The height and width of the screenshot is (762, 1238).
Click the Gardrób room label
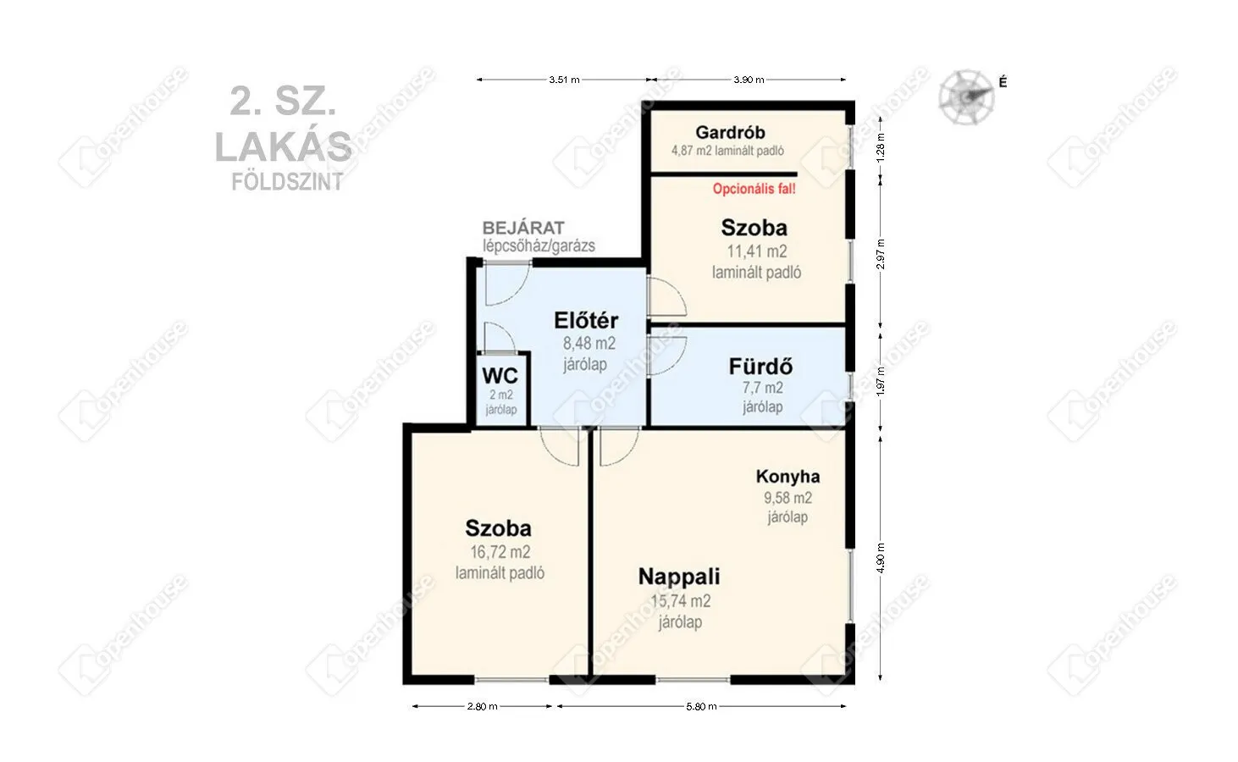click(x=730, y=132)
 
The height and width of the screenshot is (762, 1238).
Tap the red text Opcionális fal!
click(x=754, y=189)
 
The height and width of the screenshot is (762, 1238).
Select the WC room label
click(x=500, y=375)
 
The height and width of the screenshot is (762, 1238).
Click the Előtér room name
click(x=586, y=321)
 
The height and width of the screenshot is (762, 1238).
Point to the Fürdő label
click(x=760, y=367)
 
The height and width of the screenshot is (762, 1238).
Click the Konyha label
click(x=788, y=477)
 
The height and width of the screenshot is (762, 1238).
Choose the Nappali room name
click(x=678, y=577)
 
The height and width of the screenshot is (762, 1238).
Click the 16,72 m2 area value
click(x=500, y=552)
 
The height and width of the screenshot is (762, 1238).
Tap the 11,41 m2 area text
click(x=756, y=251)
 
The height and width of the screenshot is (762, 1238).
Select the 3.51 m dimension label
click(x=564, y=80)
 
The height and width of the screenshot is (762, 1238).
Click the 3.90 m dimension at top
click(x=749, y=80)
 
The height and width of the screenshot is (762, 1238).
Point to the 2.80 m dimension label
click(x=482, y=706)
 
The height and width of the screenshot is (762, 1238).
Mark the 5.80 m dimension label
click(x=701, y=706)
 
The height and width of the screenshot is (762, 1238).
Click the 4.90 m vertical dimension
click(x=881, y=557)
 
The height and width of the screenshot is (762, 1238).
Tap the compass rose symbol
click(x=965, y=95)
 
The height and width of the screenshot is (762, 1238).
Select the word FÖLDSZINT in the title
click(x=288, y=181)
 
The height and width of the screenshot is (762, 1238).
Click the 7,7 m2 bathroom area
click(x=762, y=388)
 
